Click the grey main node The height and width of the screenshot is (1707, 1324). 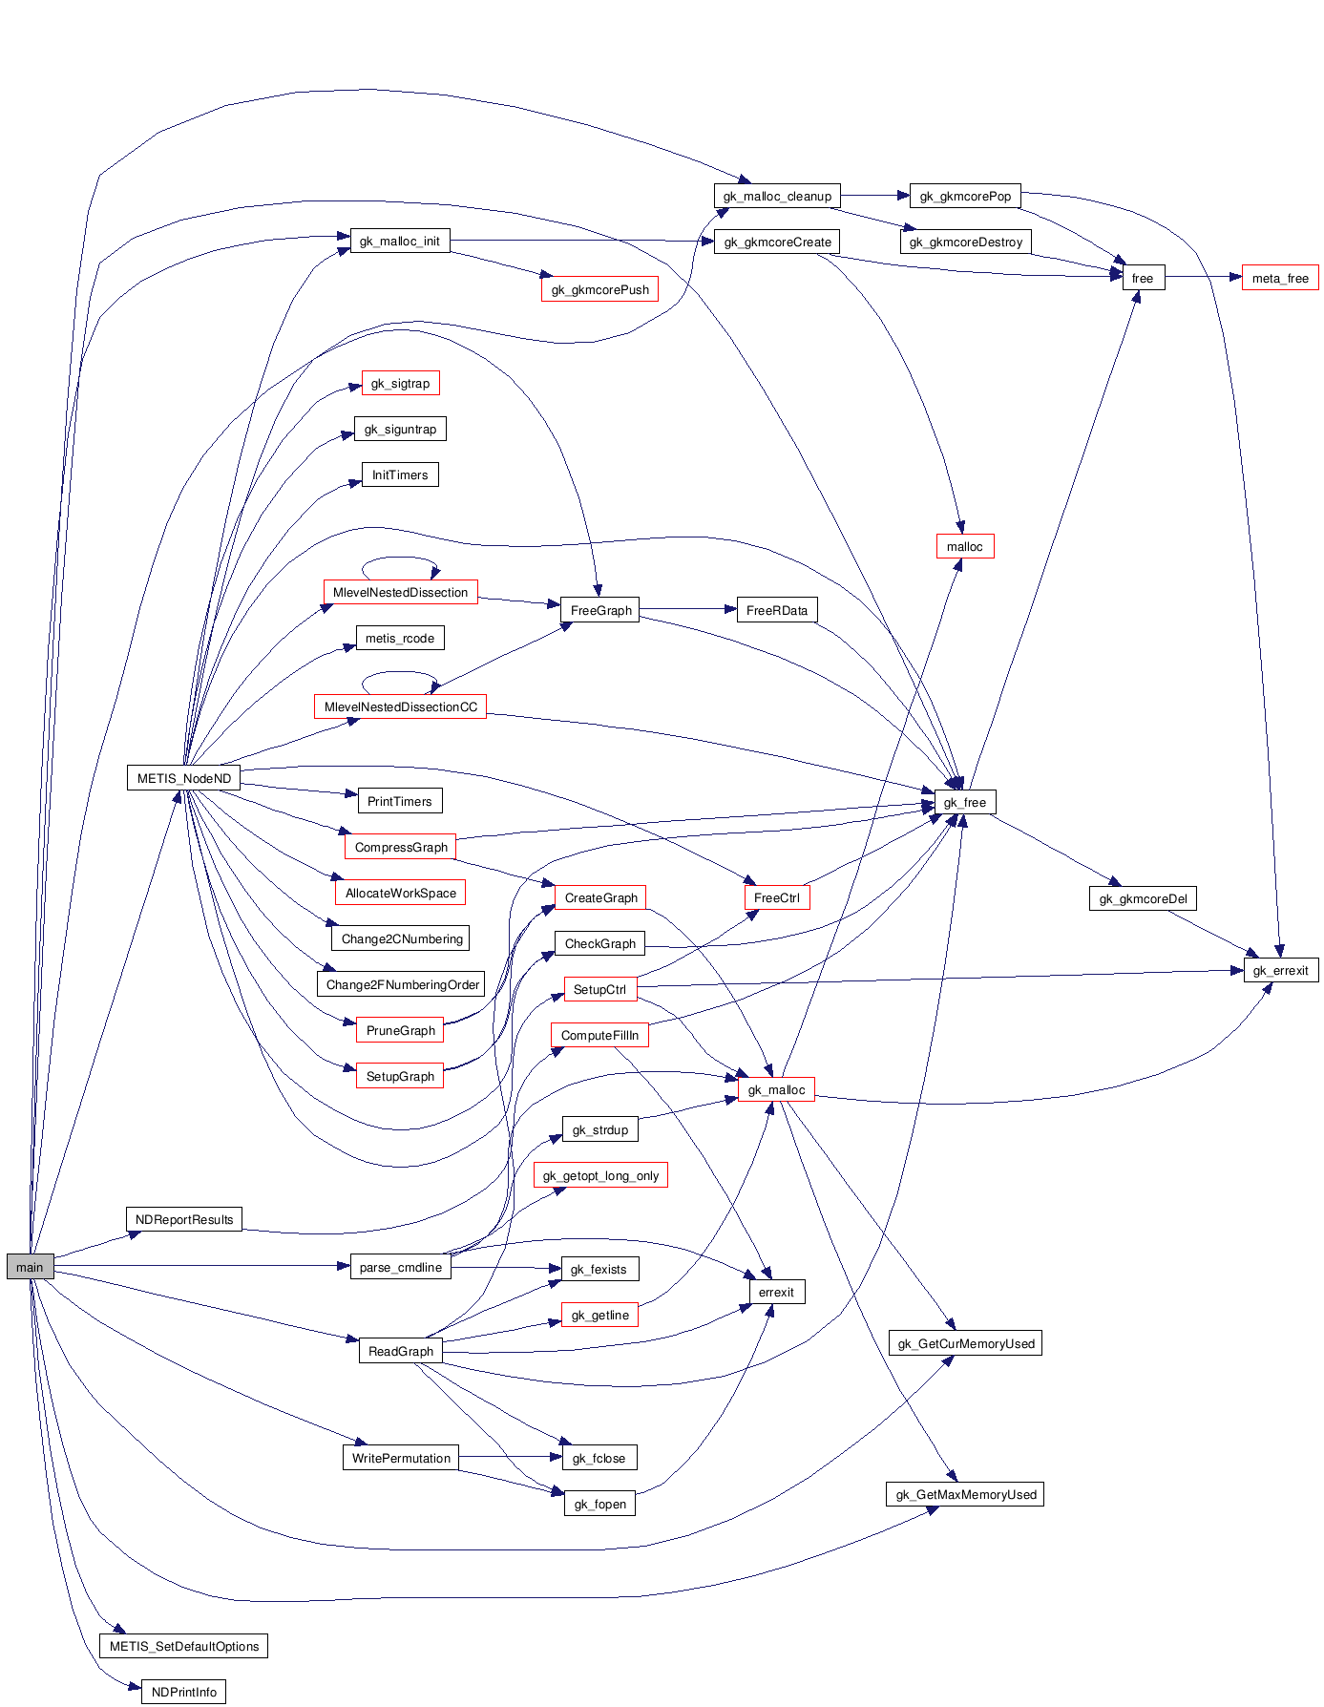pyautogui.click(x=30, y=1267)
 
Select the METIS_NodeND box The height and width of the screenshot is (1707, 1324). pyautogui.click(x=183, y=778)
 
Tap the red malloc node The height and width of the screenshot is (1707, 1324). pyautogui.click(x=964, y=547)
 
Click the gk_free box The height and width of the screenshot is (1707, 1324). pyautogui.click(x=964, y=803)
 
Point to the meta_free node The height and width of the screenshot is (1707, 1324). pyautogui.click(x=1279, y=279)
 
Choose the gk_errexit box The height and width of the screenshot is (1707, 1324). pyautogui.click(x=1280, y=971)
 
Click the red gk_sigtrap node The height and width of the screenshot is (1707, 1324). pyautogui.click(x=400, y=384)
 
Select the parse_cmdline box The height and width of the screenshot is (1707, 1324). pyautogui.click(x=400, y=1268)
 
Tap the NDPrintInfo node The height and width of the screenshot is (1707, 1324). pyautogui.click(x=183, y=1693)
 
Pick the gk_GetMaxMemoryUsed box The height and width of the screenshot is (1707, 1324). pyautogui.click(x=965, y=1495)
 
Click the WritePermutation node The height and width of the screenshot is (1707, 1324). pyautogui.click(x=400, y=1459)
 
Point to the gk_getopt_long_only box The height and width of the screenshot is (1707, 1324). pyautogui.click(x=600, y=1176)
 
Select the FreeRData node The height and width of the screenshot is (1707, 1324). pyautogui.click(x=776, y=611)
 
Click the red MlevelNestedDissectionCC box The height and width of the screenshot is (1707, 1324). pyautogui.click(x=400, y=707)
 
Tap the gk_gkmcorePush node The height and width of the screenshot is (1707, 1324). pyautogui.click(x=599, y=290)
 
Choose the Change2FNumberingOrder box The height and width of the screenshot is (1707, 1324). pyautogui.click(x=402, y=985)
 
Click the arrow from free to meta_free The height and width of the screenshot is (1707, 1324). pyautogui.click(x=1203, y=278)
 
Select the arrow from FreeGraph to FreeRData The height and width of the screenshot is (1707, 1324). pyautogui.click(x=687, y=609)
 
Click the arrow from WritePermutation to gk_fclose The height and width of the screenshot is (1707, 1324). pyautogui.click(x=506, y=1457)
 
